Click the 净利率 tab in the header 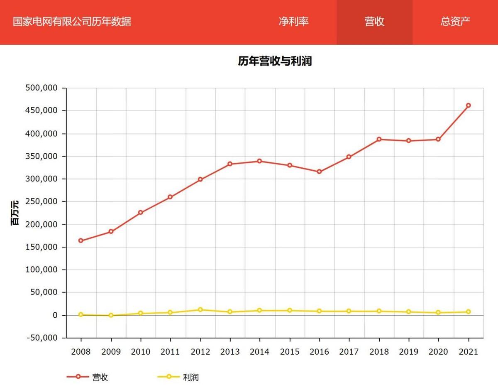[x=293, y=22]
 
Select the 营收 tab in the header [x=374, y=22]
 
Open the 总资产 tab [x=455, y=22]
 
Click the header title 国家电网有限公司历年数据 [x=72, y=22]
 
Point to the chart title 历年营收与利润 [x=275, y=61]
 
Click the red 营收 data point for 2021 [x=468, y=105]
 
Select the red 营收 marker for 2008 [x=81, y=240]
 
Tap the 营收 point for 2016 [x=319, y=172]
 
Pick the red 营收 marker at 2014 [x=259, y=161]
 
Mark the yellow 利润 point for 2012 [x=200, y=310]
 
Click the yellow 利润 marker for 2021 [x=468, y=312]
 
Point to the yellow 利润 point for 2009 [x=111, y=315]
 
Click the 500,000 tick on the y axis [x=43, y=88]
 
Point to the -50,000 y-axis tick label [x=43, y=338]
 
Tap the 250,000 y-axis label [x=43, y=201]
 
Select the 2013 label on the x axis [x=230, y=352]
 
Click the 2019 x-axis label [x=409, y=352]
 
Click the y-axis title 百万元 [x=15, y=213]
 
